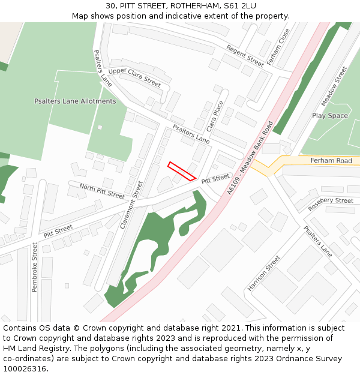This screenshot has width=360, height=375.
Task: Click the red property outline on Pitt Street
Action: (181, 171)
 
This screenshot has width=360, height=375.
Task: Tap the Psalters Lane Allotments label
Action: (75, 101)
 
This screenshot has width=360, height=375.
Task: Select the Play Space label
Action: (329, 116)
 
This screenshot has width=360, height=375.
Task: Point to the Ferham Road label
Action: (331, 161)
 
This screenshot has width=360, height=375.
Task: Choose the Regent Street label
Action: (245, 55)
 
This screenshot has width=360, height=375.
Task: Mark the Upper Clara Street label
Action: (135, 77)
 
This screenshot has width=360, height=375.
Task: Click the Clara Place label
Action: (215, 116)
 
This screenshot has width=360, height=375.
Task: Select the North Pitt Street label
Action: (102, 191)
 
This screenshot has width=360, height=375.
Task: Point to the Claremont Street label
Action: (132, 205)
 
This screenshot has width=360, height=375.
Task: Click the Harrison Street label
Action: (264, 274)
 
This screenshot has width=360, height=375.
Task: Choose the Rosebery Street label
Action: (331, 204)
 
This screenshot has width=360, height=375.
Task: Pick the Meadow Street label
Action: (334, 86)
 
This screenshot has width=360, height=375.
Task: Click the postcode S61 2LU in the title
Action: (240, 5)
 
